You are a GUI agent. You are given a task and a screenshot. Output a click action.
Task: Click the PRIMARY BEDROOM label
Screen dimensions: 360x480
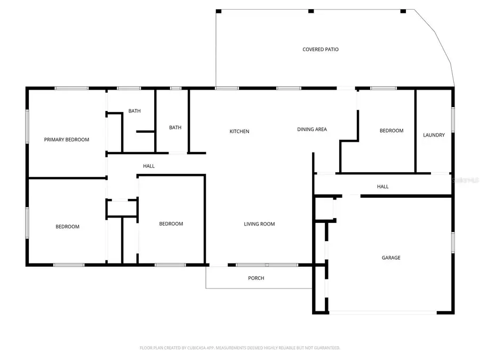point(67,140)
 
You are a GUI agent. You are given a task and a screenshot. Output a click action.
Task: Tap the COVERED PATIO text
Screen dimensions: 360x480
point(321,50)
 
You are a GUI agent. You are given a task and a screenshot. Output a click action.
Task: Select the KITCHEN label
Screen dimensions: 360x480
point(239,131)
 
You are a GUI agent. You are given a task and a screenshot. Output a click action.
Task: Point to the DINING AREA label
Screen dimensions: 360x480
point(312,129)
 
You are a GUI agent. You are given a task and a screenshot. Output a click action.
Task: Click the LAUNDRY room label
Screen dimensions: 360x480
point(434,135)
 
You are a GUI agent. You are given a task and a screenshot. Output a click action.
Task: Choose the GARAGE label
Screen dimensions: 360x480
point(391,258)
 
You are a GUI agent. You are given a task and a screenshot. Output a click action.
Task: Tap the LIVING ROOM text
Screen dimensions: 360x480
point(259,224)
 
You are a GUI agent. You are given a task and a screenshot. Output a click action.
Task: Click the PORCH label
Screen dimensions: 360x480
point(256,278)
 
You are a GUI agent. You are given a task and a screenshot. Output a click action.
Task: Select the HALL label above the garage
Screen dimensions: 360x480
point(383,187)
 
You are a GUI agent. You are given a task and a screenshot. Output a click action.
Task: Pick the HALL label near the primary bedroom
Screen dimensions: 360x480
point(149,166)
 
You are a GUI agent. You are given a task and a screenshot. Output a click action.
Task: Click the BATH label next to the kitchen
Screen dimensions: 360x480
point(175,127)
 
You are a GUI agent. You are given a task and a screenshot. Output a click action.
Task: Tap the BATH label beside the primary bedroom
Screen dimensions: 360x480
point(134,111)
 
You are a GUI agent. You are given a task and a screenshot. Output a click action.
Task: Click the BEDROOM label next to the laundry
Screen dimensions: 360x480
point(391,131)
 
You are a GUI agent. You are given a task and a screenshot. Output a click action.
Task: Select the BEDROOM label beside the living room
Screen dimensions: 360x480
point(171,224)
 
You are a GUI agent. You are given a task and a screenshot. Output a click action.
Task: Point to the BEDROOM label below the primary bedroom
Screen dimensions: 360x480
point(68,227)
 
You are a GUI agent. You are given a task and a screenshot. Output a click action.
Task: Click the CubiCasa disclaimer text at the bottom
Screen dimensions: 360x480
point(240,348)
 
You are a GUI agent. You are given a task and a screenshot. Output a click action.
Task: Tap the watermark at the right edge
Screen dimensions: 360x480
point(465,181)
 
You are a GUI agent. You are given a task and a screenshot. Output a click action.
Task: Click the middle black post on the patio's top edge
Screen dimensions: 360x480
point(311,11)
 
